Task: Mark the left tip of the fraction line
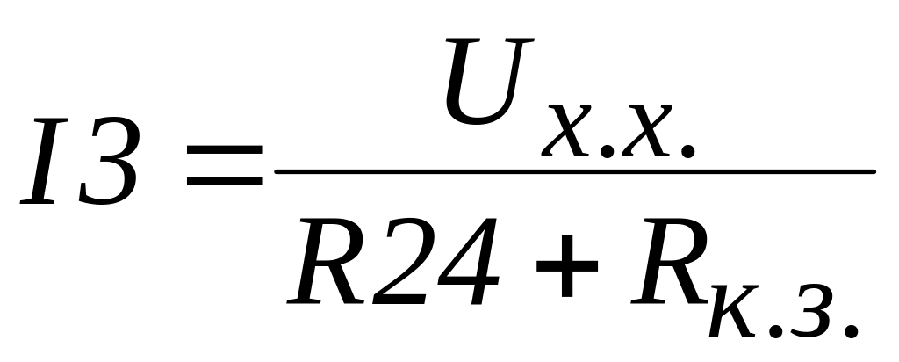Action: click(278, 170)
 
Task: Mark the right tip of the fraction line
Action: click(873, 170)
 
